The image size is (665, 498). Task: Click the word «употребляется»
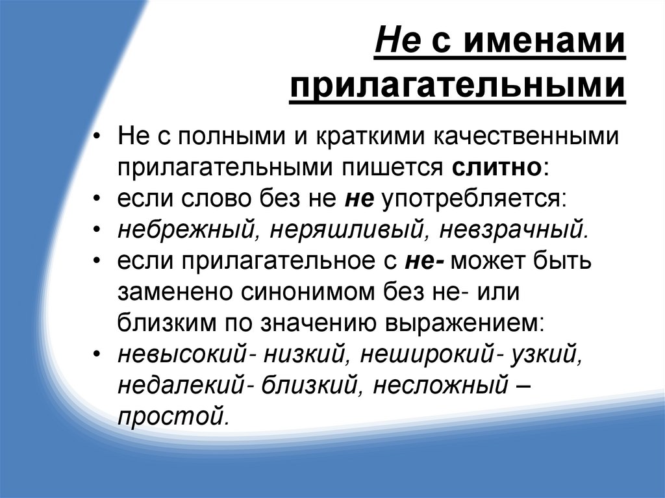click(474, 199)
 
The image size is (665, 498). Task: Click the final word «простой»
click(172, 416)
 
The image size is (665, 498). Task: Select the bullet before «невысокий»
click(97, 355)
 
